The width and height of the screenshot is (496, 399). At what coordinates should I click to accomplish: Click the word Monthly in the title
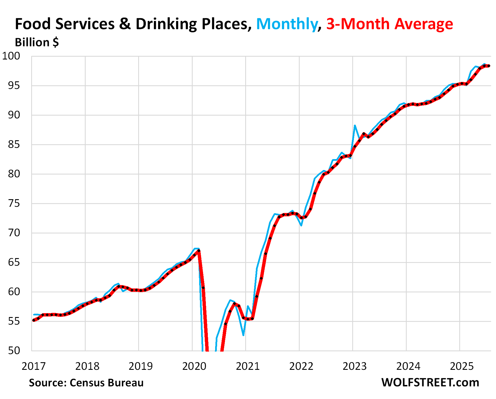(286, 24)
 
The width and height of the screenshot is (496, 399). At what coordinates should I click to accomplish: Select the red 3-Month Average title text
(390, 24)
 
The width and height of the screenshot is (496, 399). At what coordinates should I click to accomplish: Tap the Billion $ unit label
(37, 43)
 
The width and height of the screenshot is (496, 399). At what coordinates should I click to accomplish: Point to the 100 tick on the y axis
(11, 56)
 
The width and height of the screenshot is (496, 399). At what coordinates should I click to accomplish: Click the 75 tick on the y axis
(14, 203)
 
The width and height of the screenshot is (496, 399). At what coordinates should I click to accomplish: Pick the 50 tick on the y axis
(14, 350)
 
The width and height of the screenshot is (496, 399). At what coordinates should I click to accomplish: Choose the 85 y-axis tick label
(14, 145)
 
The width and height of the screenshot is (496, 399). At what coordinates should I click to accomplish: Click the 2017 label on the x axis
(33, 366)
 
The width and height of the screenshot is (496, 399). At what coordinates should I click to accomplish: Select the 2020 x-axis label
(194, 366)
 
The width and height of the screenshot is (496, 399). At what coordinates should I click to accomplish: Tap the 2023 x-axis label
(354, 366)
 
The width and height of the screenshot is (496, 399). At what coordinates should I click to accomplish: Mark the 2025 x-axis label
(462, 366)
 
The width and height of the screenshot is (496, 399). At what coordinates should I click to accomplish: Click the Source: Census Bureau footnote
(86, 383)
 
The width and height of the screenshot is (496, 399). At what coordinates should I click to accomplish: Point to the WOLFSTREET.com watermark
(430, 383)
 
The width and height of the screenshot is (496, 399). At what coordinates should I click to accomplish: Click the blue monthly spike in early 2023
(355, 126)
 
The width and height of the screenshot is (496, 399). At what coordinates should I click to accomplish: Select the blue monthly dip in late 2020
(243, 335)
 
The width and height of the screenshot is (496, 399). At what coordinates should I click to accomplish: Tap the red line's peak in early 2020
(199, 251)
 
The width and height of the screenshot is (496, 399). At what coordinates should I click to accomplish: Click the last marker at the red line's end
(489, 66)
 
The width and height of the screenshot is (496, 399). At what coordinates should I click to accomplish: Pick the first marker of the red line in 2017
(34, 320)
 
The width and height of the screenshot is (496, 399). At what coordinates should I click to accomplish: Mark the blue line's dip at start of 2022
(301, 225)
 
